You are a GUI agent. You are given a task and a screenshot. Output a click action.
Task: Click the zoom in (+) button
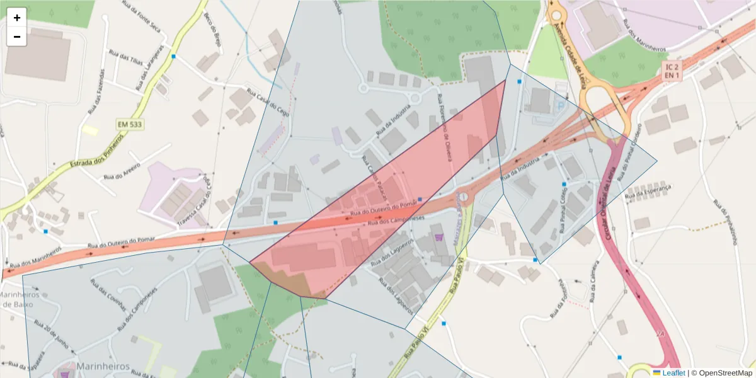click(17, 18)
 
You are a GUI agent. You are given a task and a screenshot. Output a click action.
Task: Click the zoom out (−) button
click(17, 37)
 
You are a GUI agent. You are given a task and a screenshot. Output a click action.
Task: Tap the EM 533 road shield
click(130, 125)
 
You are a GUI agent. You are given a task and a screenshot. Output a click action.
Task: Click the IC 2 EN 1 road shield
click(672, 71)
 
